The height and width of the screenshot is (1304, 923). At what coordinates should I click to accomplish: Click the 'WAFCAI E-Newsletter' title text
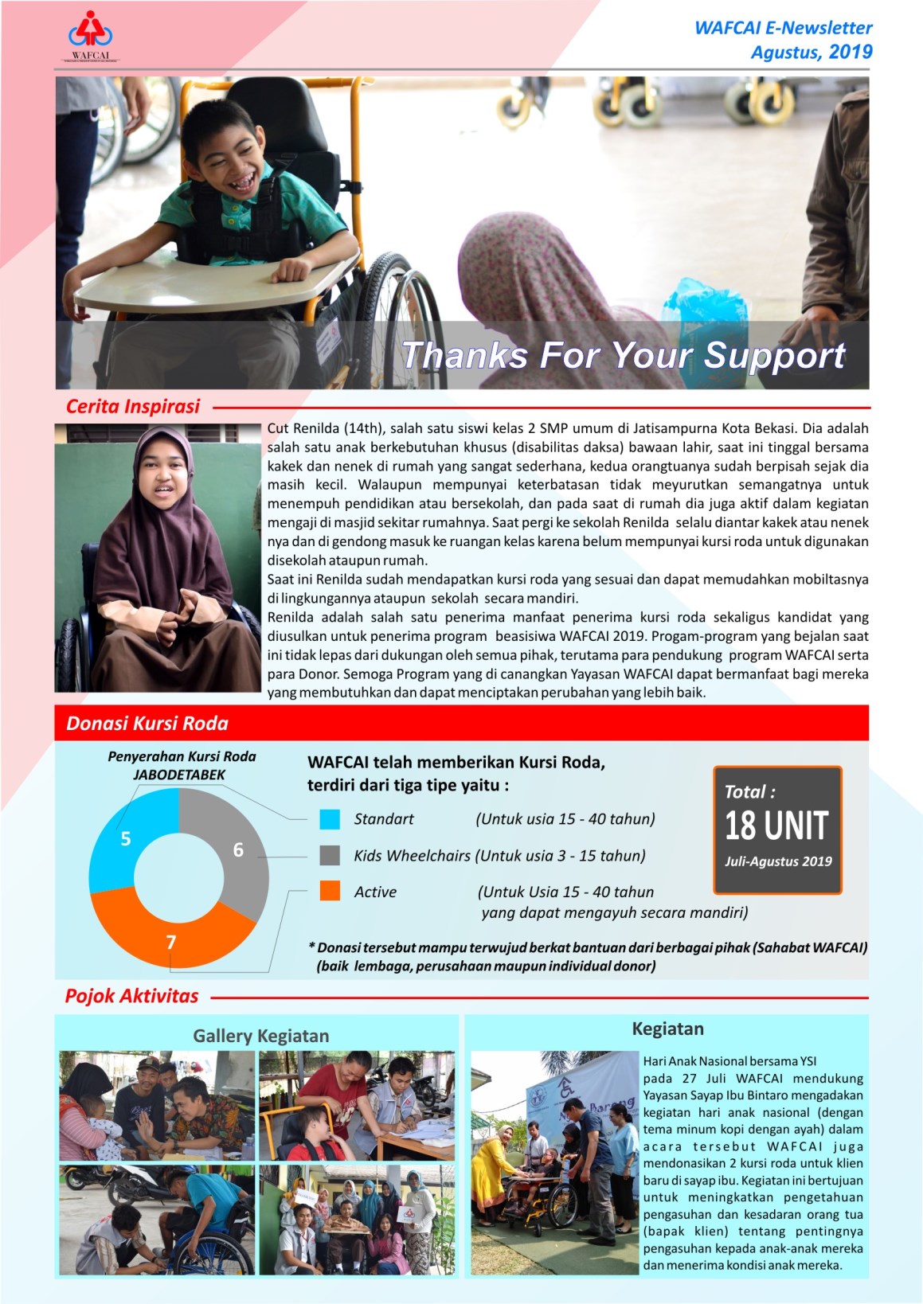pyautogui.click(x=783, y=28)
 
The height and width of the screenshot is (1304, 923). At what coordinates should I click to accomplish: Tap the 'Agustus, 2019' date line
pyautogui.click(x=811, y=53)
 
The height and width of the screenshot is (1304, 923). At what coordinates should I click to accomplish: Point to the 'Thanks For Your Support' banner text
pyautogui.click(x=623, y=355)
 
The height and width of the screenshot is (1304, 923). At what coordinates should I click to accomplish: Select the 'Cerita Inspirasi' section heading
pyautogui.click(x=132, y=407)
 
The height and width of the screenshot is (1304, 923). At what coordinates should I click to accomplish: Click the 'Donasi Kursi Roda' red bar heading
pyautogui.click(x=147, y=723)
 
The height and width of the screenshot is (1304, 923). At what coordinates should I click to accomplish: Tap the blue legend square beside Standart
pyautogui.click(x=330, y=819)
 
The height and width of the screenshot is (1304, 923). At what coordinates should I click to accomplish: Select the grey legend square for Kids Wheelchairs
pyautogui.click(x=330, y=856)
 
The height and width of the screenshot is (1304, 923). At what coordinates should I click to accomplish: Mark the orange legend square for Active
pyautogui.click(x=330, y=892)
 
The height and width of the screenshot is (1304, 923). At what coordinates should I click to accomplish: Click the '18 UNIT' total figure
pyautogui.click(x=776, y=826)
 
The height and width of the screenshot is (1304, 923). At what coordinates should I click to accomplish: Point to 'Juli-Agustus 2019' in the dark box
pyautogui.click(x=778, y=861)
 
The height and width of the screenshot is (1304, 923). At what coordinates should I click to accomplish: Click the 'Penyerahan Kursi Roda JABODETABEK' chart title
pyautogui.click(x=182, y=765)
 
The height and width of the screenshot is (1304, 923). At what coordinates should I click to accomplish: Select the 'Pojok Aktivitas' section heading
pyautogui.click(x=132, y=996)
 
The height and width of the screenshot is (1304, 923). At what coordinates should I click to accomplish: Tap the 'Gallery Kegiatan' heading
pyautogui.click(x=260, y=1036)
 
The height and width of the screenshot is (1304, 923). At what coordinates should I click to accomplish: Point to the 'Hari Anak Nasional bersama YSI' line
pyautogui.click(x=729, y=1061)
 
